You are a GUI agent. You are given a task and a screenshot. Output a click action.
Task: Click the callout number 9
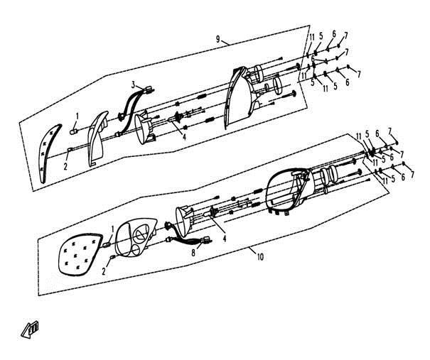click(218, 39)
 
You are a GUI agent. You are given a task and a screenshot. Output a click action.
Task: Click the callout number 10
click(260, 257)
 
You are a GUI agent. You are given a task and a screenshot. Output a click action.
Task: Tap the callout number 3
click(134, 85)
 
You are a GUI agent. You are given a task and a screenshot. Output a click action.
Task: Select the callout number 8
click(193, 253)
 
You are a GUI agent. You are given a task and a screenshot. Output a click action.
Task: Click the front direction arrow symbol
click(30, 329)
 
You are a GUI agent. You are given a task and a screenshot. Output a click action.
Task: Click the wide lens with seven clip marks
click(80, 254)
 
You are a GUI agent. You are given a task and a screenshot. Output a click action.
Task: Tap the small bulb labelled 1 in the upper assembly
click(74, 131)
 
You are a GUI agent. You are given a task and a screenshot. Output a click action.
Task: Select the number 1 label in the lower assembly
click(112, 229)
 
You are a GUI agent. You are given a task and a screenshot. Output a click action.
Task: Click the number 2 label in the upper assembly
click(65, 166)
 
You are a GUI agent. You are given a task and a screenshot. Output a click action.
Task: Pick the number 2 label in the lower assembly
click(104, 271)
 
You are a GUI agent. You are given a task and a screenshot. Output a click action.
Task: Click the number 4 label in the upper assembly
click(184, 137)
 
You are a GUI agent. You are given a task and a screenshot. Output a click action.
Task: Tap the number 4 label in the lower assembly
click(225, 239)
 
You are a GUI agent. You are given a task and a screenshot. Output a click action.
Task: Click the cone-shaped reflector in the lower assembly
click(184, 221)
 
